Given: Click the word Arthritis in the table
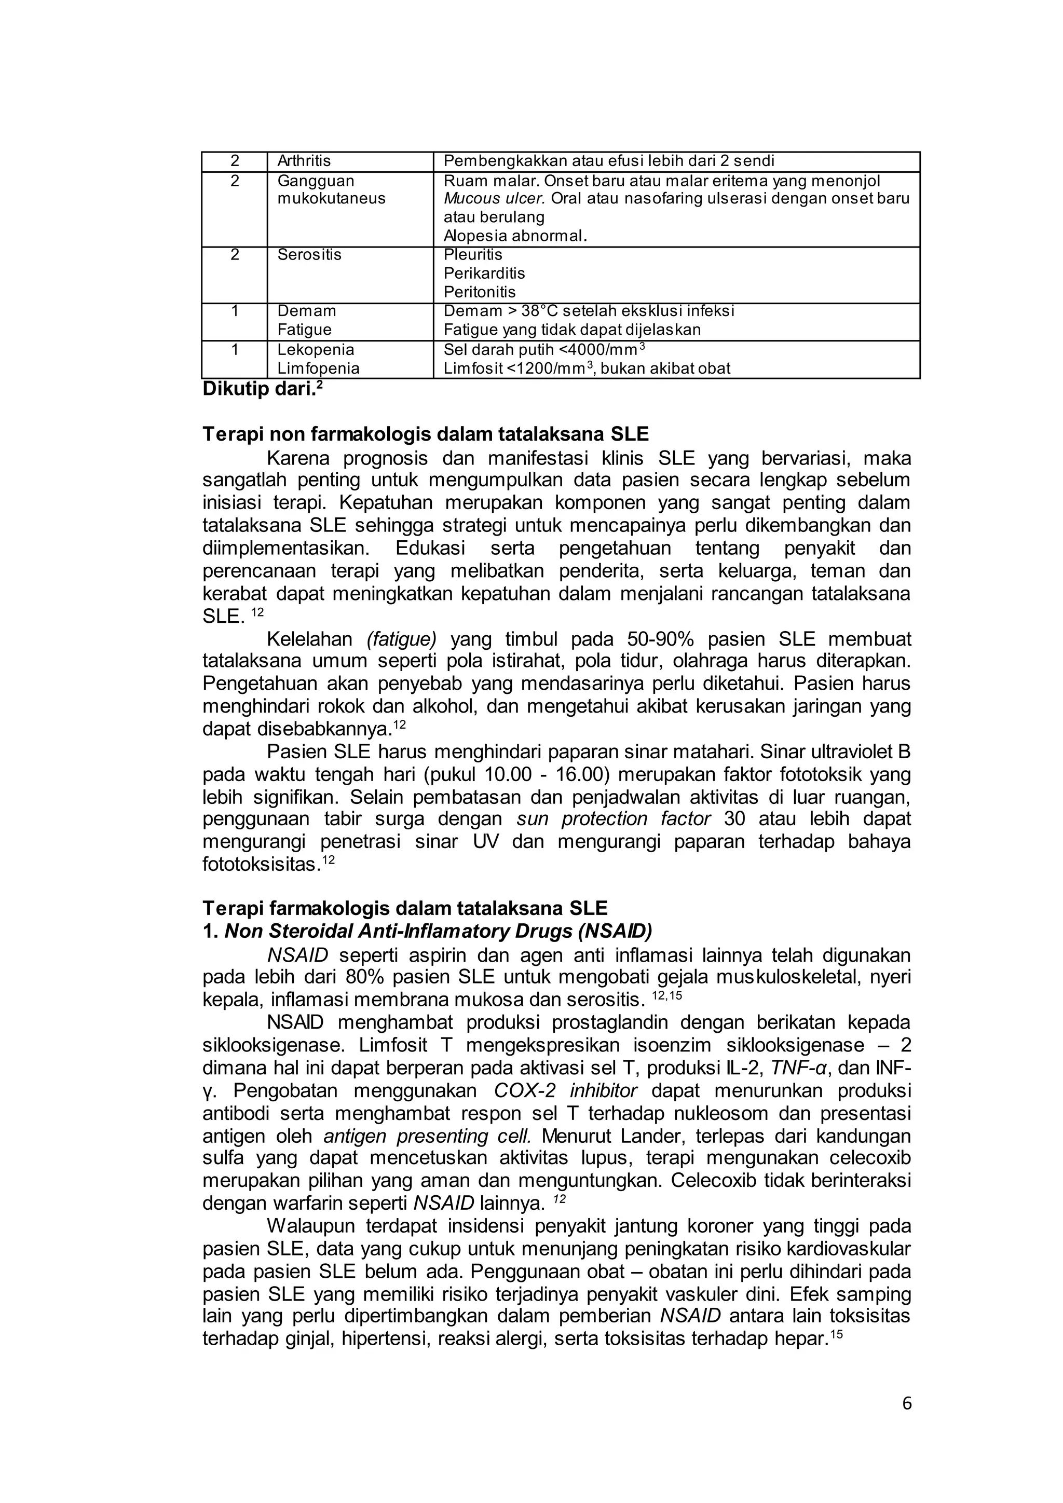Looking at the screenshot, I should (304, 161).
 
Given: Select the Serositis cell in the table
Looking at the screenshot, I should (309, 255).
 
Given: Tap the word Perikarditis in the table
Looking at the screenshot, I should (484, 273).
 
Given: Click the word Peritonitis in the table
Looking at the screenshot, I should (479, 292).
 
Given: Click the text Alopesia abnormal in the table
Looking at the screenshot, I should (514, 236).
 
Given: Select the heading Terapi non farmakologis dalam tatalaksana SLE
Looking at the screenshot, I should (426, 434).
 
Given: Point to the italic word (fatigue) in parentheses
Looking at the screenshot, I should (401, 638).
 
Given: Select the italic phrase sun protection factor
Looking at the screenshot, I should (614, 819).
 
